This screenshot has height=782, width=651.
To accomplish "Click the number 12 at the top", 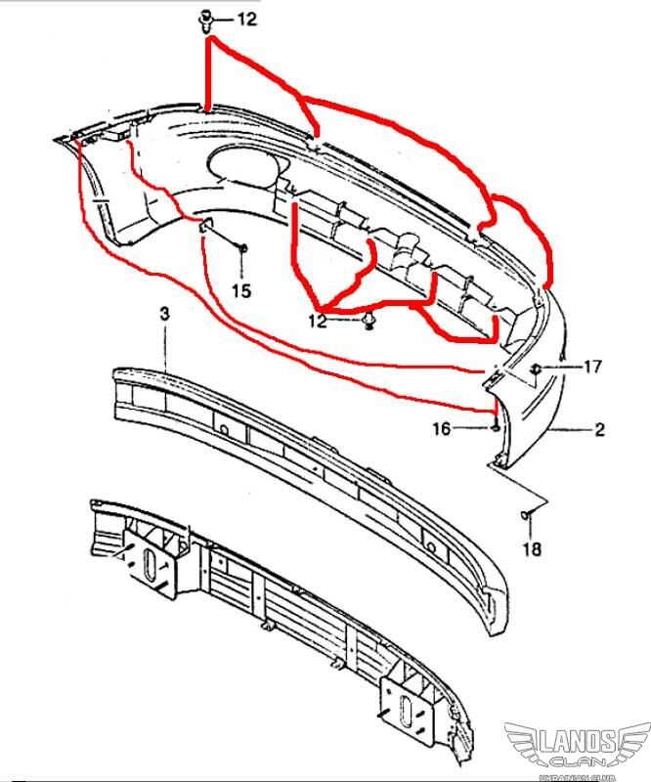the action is pos(246,20).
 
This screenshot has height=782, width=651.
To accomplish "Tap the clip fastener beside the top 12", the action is pos(206,21).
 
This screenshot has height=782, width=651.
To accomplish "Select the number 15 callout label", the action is pos(241,290).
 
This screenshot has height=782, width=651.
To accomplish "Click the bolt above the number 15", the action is pos(243,248).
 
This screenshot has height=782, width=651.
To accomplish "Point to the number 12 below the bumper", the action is pos(318,321).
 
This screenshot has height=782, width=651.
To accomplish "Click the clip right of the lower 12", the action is pos(369,321).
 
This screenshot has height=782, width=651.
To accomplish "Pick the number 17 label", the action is pos(592,368).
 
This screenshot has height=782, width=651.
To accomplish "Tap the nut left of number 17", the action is pos(536,369).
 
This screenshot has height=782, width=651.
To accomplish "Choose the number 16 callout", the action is pos(441,429).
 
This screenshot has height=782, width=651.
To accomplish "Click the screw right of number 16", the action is pos(495,427).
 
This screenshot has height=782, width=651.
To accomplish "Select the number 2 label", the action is pos(599,429).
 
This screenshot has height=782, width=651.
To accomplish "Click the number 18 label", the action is pos(532,549).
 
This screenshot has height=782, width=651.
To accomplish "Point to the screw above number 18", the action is pos(526,514).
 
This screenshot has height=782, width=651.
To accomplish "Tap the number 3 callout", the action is pos(164,314).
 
